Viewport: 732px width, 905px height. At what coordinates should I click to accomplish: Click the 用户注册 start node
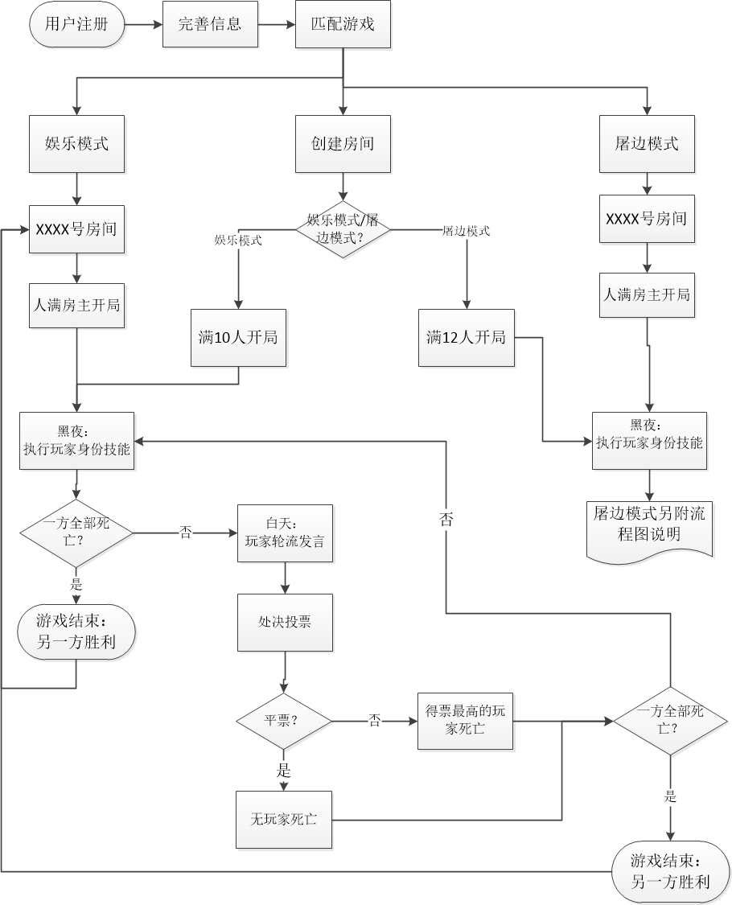[x=78, y=24]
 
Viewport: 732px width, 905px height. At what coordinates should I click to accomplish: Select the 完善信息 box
[x=210, y=24]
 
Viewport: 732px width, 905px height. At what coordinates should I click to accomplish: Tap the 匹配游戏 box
[x=343, y=24]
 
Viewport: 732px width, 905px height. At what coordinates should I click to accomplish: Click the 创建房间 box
[x=343, y=144]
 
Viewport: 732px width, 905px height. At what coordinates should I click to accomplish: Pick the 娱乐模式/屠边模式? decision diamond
[x=343, y=229]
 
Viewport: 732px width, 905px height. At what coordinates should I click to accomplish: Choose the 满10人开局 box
[x=238, y=338]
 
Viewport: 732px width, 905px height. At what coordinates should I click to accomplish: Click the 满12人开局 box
[x=467, y=338]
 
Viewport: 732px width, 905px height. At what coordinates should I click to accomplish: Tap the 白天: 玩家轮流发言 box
[x=285, y=533]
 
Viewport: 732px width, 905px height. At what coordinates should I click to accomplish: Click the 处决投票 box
[x=285, y=622]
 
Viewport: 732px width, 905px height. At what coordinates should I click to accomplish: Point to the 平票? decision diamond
[x=283, y=721]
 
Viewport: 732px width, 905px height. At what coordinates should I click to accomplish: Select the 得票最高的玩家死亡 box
[x=465, y=721]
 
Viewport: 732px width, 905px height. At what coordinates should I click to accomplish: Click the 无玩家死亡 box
[x=283, y=820]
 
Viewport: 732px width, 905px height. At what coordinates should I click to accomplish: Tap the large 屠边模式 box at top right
[x=647, y=144]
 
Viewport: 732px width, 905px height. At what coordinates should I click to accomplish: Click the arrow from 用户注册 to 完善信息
[x=144, y=24]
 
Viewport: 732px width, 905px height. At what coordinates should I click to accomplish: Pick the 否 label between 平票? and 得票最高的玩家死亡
[x=375, y=721]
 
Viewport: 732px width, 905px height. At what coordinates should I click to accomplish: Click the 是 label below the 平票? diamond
[x=284, y=771]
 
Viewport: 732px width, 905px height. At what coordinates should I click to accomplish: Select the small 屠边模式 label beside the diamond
[x=467, y=231]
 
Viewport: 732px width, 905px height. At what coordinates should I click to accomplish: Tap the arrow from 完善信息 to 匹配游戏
[x=276, y=24]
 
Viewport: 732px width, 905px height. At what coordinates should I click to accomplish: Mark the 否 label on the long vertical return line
[x=446, y=520]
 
